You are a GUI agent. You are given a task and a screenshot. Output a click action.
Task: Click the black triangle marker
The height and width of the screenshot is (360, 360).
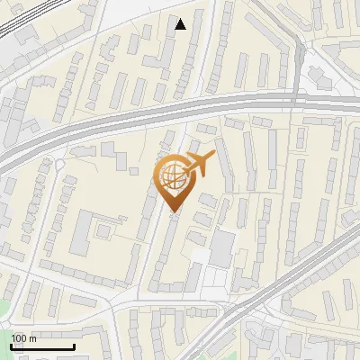(180, 24)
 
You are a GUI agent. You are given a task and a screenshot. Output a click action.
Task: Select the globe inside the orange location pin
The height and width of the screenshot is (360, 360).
(171, 176)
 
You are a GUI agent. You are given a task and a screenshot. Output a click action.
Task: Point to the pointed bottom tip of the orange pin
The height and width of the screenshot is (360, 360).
(172, 211)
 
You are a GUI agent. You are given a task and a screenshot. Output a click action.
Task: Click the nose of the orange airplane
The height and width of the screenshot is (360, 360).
(214, 156)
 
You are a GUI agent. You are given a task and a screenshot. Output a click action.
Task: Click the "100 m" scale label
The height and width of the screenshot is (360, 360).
(24, 338)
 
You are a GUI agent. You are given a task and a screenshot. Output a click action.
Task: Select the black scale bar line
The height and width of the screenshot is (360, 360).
(42, 347)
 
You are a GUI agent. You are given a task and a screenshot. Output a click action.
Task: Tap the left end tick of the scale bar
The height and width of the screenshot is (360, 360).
(11, 346)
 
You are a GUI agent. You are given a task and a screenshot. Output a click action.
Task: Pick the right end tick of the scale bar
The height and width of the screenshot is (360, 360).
(74, 346)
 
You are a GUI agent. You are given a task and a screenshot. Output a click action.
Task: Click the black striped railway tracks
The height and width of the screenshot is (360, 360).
(18, 22)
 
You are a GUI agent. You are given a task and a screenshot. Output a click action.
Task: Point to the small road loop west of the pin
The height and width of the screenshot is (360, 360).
(58, 166)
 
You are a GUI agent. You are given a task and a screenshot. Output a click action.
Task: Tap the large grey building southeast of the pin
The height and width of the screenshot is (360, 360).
(222, 248)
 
